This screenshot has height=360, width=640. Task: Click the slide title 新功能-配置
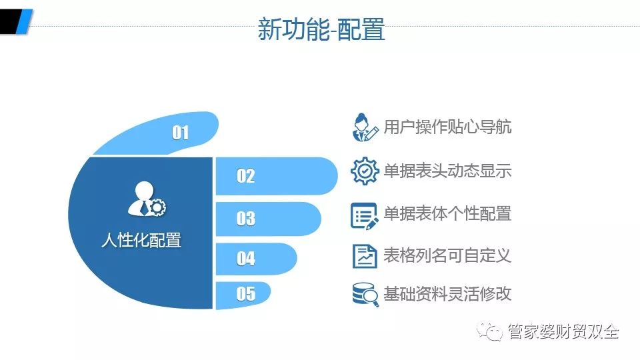(321, 29)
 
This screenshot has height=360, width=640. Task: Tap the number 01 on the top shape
(181, 133)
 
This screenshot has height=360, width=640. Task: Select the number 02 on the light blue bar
(246, 176)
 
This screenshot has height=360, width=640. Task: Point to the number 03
(246, 219)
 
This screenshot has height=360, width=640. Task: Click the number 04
(246, 259)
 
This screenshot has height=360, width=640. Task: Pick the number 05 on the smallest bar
(246, 294)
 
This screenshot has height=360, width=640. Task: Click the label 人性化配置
(141, 240)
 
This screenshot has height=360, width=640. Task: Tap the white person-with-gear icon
(147, 199)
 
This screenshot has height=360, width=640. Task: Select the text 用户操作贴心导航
(447, 127)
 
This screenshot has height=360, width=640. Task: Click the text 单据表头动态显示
(447, 171)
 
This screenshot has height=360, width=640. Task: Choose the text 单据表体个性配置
(447, 213)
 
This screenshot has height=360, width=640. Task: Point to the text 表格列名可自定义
(447, 255)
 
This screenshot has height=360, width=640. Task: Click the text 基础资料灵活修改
(447, 293)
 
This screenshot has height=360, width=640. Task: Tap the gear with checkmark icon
(365, 171)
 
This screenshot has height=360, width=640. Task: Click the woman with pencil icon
(365, 127)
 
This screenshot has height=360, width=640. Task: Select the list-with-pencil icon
(364, 216)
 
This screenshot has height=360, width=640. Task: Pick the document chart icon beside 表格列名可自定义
(365, 256)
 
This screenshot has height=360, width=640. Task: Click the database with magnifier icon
(365, 294)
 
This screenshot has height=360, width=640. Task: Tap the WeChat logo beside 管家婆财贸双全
(490, 331)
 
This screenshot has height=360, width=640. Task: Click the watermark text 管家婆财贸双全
(563, 331)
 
